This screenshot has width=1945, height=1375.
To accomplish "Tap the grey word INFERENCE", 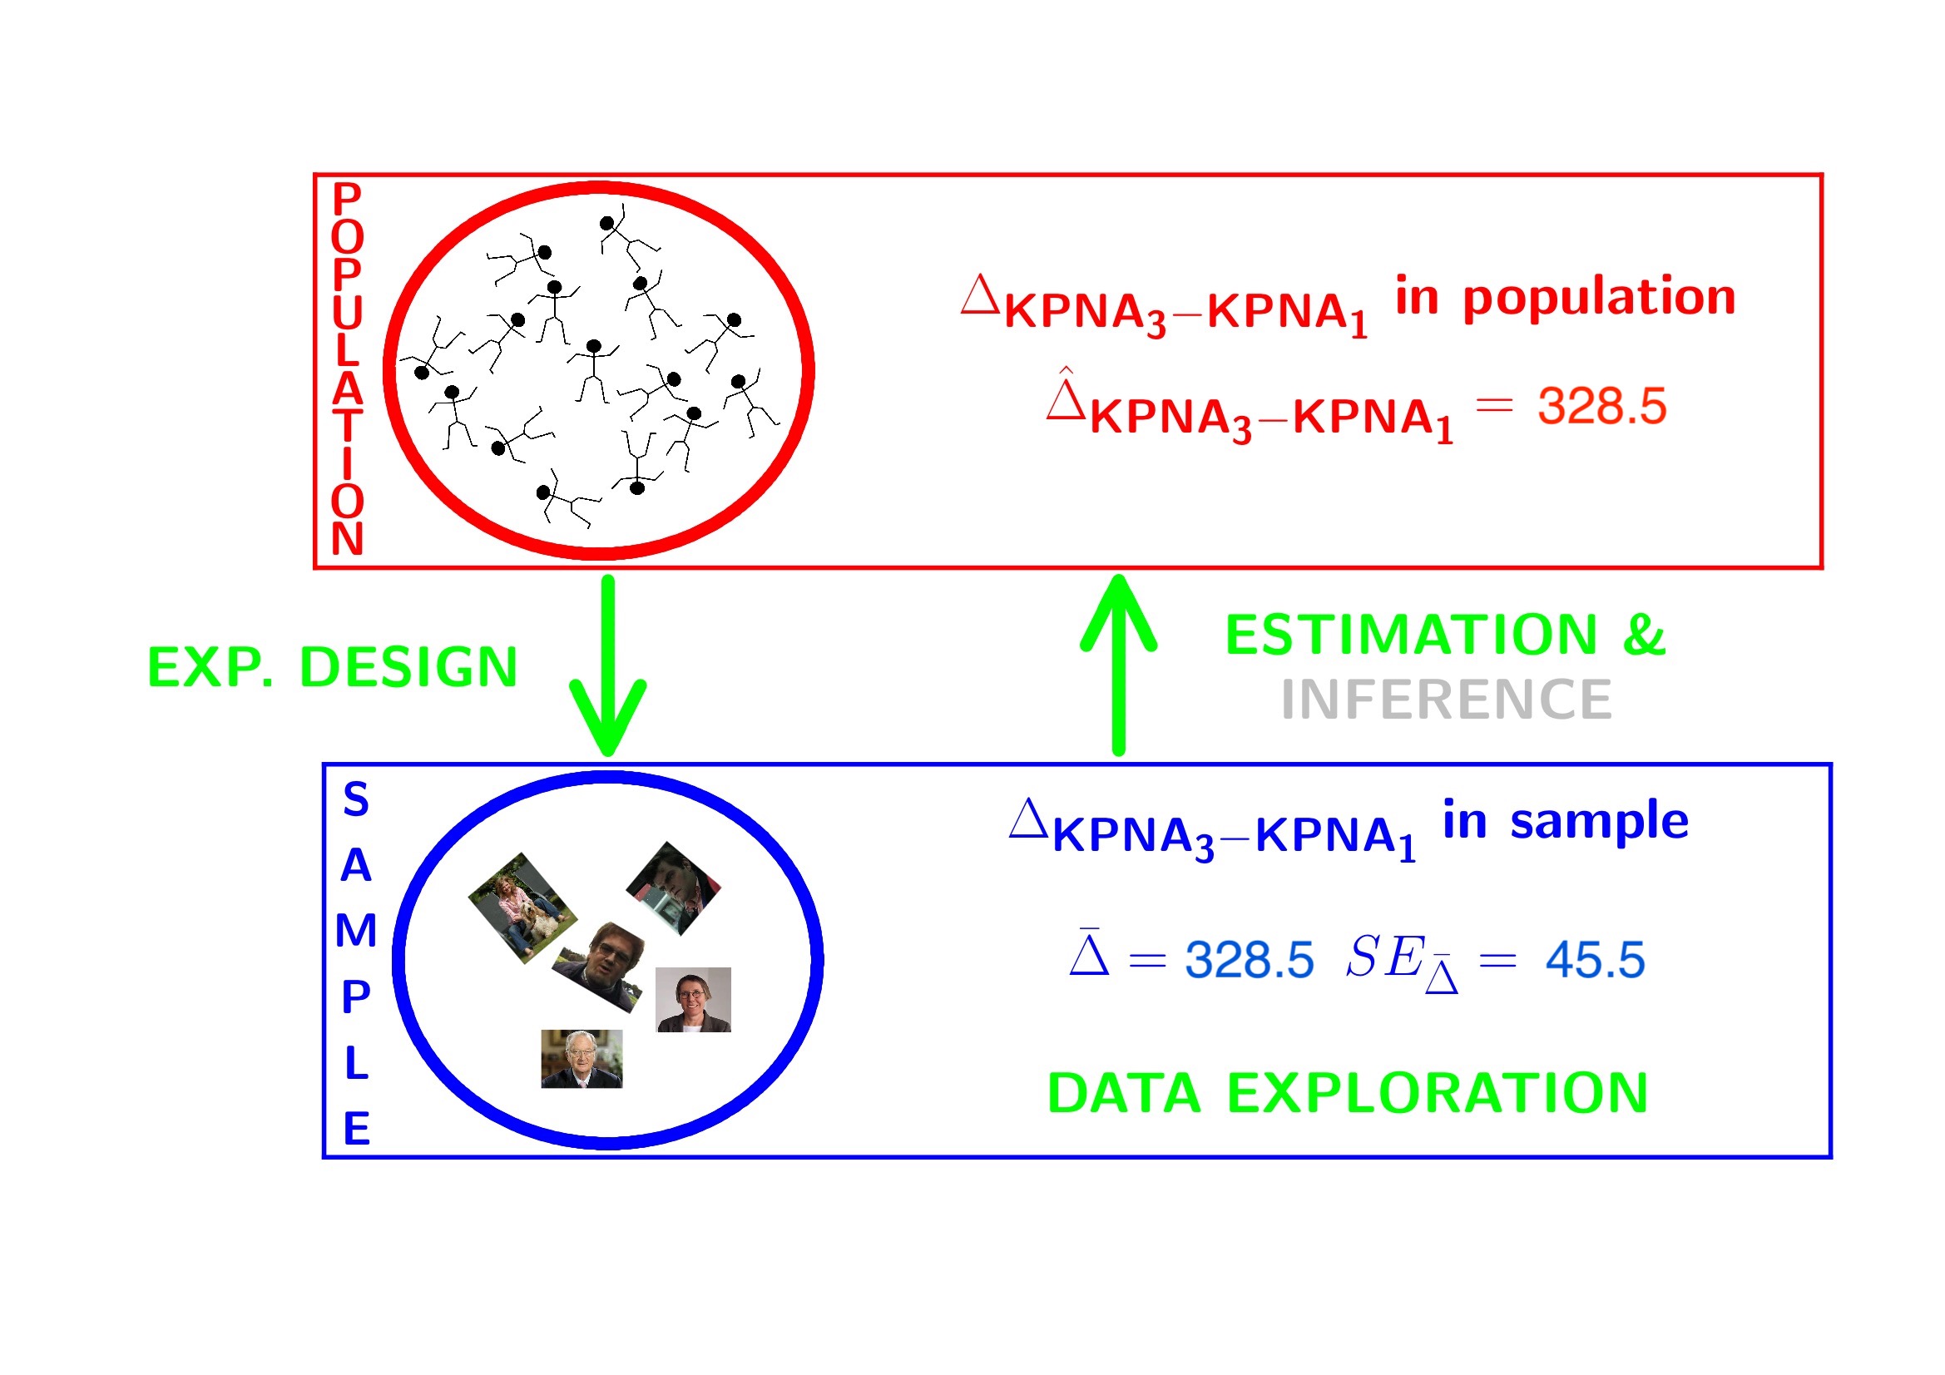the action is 1446,700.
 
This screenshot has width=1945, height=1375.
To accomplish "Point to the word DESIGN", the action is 408,668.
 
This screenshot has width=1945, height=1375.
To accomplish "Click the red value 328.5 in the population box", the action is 1602,406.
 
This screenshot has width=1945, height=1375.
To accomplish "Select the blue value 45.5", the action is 1595,960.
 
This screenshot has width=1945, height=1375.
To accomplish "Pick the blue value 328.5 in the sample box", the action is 1250,960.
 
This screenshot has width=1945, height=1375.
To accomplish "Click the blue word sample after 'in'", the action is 1600,821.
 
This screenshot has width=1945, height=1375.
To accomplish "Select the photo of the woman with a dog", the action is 522,908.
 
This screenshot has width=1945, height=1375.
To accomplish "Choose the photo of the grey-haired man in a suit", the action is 582,1059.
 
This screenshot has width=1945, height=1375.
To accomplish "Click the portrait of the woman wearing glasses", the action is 693,1000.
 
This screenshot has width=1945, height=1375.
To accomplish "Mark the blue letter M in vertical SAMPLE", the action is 356,931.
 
